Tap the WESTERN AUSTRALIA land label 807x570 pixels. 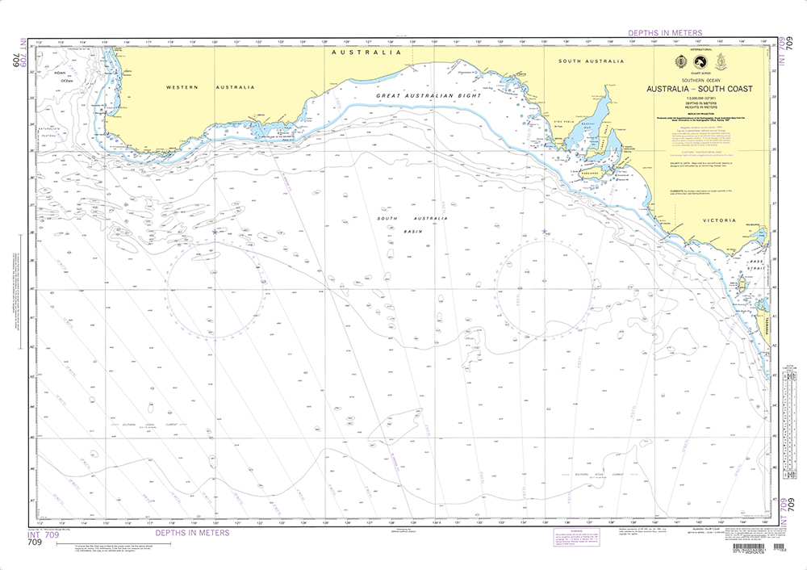coord(210,87)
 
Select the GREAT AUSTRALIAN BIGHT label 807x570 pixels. coord(428,96)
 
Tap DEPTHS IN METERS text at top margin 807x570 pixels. coord(665,33)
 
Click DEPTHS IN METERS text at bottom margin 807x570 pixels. coord(192,533)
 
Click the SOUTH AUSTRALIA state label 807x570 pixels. coord(592,61)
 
